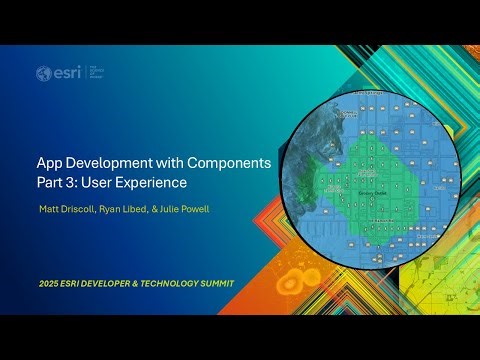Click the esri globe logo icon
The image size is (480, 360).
43,73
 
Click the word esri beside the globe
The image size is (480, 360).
63,73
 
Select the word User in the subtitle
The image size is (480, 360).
96,184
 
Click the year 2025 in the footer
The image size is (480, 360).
48,284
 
